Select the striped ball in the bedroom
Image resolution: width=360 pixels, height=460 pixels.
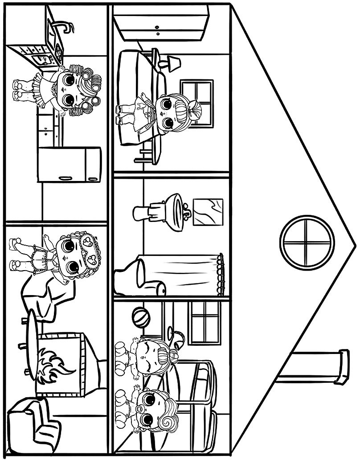click(141, 318)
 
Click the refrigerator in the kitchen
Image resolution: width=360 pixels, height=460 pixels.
click(69, 164)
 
